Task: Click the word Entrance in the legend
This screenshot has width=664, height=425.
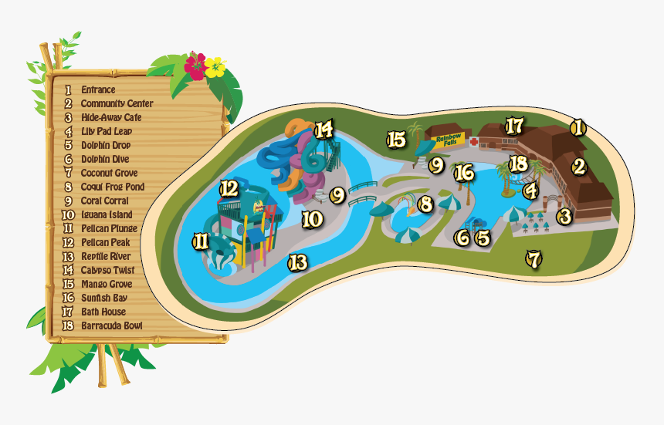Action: click(98, 90)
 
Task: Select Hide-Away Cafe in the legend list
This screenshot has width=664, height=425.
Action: click(111, 118)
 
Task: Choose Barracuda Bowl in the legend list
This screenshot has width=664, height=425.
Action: click(111, 325)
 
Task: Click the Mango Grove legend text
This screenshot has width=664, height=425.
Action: click(108, 284)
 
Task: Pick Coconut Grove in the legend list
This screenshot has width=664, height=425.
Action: click(109, 174)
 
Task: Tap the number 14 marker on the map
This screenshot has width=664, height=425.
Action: click(324, 130)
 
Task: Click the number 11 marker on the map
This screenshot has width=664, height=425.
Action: click(201, 241)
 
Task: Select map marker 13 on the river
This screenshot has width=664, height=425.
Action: click(298, 263)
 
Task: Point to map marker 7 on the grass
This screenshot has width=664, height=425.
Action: click(533, 259)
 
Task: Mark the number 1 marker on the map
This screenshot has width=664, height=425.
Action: click(578, 128)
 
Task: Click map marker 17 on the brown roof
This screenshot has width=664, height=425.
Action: click(514, 125)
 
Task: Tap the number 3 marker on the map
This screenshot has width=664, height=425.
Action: click(565, 217)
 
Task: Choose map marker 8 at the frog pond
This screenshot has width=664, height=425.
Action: click(425, 205)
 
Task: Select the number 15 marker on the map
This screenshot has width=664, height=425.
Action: click(396, 140)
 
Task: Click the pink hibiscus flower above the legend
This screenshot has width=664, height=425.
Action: click(195, 66)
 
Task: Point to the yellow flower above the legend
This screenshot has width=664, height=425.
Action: click(215, 67)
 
